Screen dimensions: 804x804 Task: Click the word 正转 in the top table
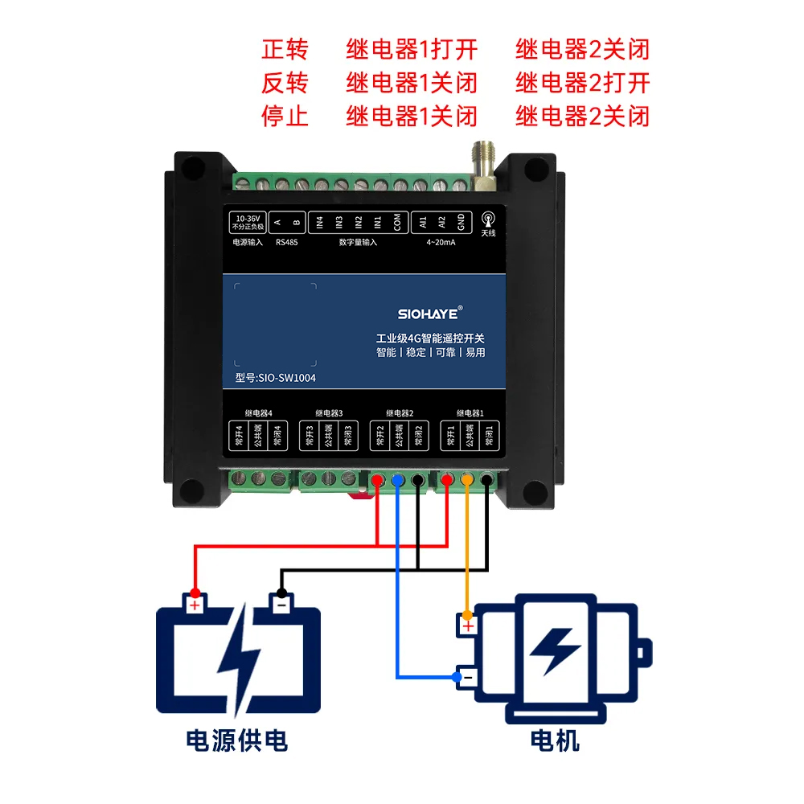(x=285, y=50)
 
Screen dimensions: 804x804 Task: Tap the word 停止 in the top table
(x=285, y=116)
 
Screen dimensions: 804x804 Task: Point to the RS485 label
(x=286, y=242)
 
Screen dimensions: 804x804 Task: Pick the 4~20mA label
(x=441, y=242)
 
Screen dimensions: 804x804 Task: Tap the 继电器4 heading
(x=259, y=413)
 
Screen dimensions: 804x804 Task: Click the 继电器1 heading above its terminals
(x=470, y=413)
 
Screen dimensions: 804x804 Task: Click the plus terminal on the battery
(x=194, y=604)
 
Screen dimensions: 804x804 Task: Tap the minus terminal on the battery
(x=279, y=603)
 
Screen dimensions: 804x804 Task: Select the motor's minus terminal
(x=466, y=678)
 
